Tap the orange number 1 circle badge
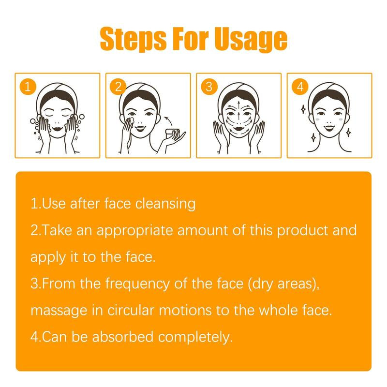point(28,87)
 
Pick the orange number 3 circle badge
point(209,87)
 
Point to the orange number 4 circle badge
point(300,87)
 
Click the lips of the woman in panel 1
point(57,128)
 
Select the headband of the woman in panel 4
point(329,89)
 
